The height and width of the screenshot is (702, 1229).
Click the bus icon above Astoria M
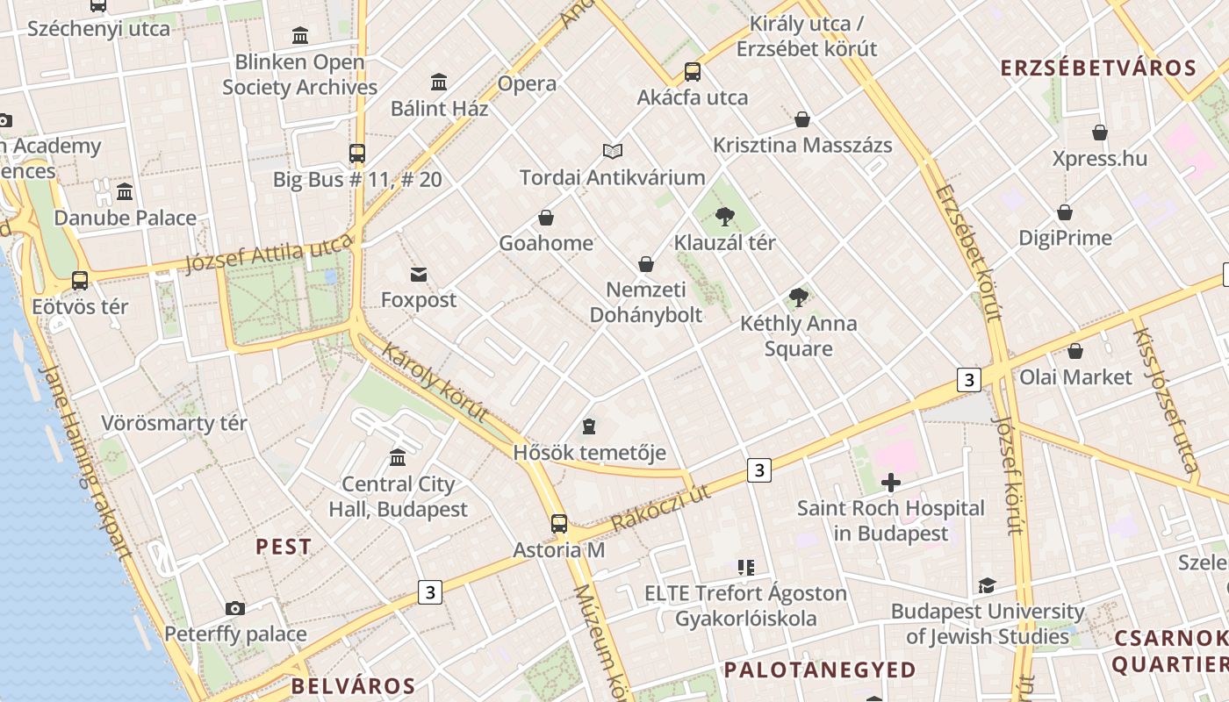[559, 524]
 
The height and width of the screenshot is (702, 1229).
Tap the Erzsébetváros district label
[1098, 68]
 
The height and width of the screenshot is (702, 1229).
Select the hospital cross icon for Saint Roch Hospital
[891, 482]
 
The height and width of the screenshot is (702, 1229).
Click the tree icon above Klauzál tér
[724, 216]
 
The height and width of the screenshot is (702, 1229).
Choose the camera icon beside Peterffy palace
[234, 608]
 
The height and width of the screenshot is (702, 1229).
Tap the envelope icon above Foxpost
[419, 275]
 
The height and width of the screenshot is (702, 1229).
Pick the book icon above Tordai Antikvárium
[612, 152]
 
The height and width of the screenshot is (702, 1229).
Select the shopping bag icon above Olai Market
[1075, 351]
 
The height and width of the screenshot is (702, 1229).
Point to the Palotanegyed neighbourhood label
[820, 670]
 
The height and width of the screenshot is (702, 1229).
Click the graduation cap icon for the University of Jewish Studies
[988, 585]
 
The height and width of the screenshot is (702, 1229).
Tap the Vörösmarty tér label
[174, 423]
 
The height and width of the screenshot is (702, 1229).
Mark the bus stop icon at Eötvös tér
[80, 281]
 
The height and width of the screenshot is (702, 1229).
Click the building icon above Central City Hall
[398, 457]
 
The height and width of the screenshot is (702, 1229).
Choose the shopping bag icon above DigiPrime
[1065, 212]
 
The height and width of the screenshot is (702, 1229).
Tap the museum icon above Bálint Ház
[439, 82]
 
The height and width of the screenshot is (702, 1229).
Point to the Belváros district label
[353, 685]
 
